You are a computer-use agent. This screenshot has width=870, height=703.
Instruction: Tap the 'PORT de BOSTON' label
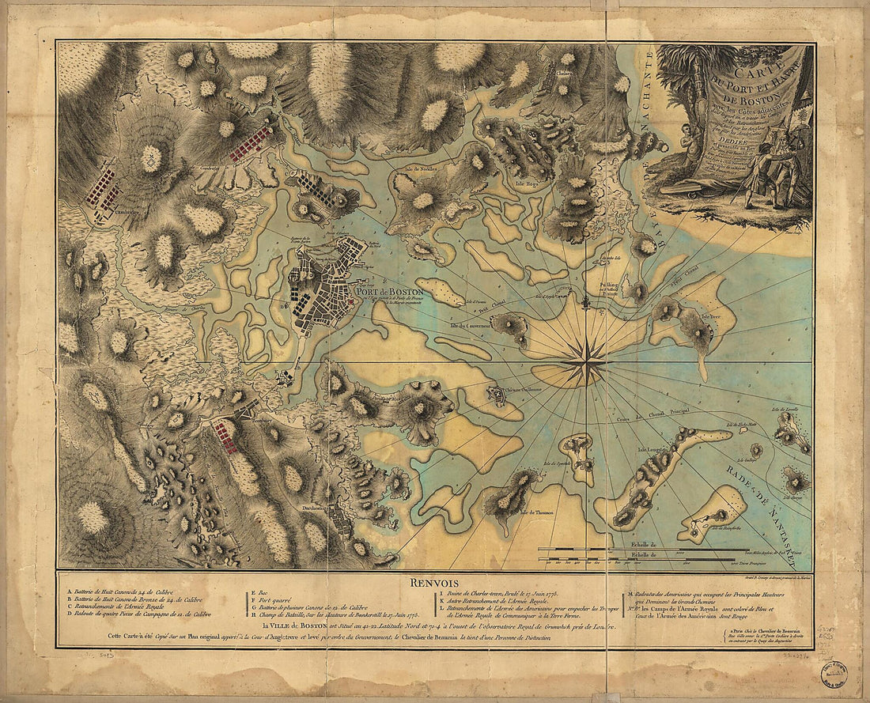[x=388, y=291]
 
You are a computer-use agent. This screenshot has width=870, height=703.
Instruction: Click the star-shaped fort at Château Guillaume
[x=497, y=394]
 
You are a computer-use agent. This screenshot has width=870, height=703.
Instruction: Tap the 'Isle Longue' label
[x=651, y=451]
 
